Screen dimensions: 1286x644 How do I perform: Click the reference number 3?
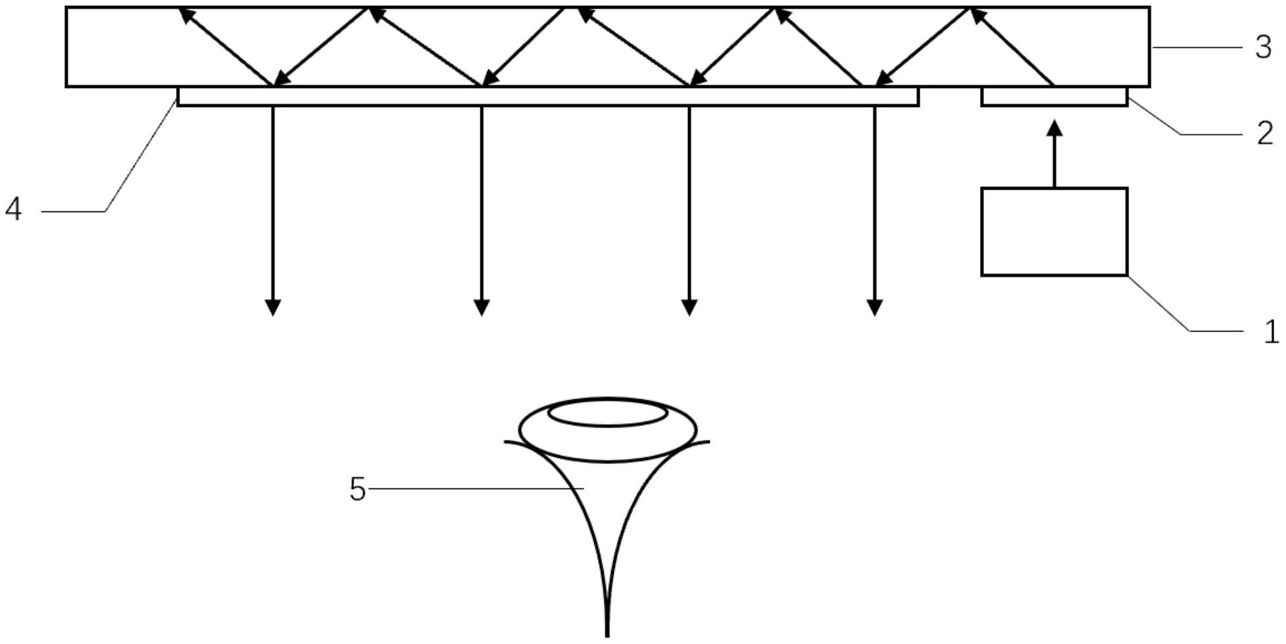[1263, 47]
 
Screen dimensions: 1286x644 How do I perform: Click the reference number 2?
[1264, 134]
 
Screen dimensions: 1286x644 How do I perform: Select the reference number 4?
[13, 210]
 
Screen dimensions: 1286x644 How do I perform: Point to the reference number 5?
[357, 489]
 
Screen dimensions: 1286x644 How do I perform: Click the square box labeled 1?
[1054, 232]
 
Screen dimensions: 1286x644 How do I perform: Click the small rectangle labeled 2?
[1054, 97]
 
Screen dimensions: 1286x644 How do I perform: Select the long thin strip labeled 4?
[547, 97]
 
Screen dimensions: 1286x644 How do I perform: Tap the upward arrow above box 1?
[1054, 154]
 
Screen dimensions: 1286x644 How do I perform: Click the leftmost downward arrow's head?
[273, 308]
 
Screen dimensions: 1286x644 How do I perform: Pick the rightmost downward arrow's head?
[874, 308]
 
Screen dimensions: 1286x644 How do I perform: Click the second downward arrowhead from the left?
[482, 308]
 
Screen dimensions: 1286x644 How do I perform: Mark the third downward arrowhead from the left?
[689, 308]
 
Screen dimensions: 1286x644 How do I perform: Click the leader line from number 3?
[1198, 47]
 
